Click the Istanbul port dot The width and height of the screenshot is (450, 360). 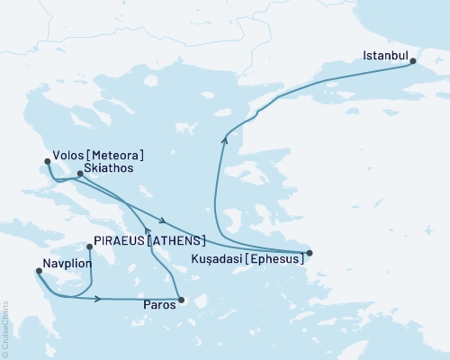412,61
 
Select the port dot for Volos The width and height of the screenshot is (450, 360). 47,162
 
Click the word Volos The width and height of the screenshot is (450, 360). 69,154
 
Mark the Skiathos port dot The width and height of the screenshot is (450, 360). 80,174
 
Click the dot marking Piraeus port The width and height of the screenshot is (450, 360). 89,246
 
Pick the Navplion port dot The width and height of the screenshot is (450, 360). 37,274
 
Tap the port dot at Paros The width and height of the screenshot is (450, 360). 181,301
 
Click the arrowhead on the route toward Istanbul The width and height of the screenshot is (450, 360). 224,138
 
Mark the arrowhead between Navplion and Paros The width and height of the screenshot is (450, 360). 97,298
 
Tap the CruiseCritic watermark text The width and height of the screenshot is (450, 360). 5,328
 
